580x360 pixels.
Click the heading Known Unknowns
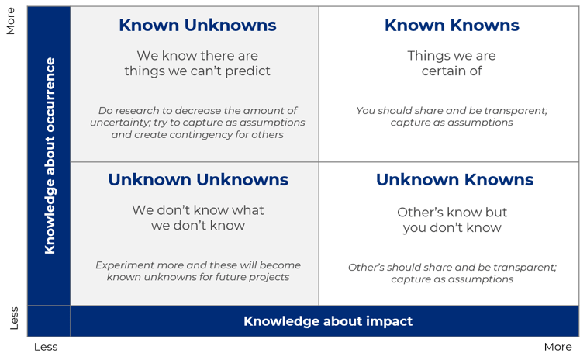[x=197, y=26]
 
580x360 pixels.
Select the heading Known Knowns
[x=451, y=26]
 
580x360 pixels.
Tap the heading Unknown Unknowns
[x=198, y=180]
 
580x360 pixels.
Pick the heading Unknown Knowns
[x=454, y=180]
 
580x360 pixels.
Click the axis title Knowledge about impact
[x=328, y=321]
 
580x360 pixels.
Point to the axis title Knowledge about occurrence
[x=50, y=155]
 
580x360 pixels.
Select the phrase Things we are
[x=451, y=56]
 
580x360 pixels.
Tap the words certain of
[x=451, y=71]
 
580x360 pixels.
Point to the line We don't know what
[x=198, y=210]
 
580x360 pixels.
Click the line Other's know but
[x=452, y=212]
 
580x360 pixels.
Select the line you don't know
[x=451, y=227]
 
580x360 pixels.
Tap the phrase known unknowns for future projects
[x=198, y=277]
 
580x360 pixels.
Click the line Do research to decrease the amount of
[x=198, y=110]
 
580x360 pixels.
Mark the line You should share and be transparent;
[x=451, y=110]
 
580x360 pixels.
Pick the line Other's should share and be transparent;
[x=451, y=267]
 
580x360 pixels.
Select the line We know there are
[x=197, y=56]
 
